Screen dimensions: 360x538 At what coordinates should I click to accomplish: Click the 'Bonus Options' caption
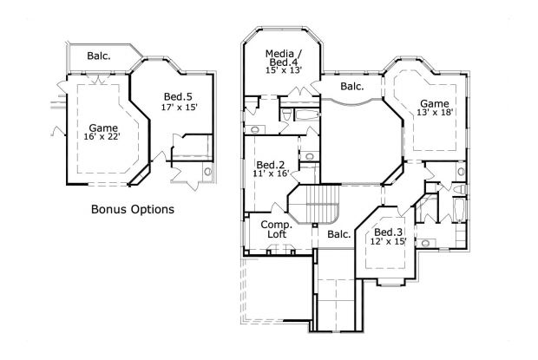pos(133,209)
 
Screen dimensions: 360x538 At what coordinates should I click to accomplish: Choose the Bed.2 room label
pos(270,165)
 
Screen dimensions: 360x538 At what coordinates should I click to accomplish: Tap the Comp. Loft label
pos(276,230)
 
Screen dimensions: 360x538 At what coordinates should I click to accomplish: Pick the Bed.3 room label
pos(387,232)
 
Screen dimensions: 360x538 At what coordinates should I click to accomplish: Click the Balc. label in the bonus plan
pos(99,56)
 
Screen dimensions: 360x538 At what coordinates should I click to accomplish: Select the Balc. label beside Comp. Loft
pos(338,234)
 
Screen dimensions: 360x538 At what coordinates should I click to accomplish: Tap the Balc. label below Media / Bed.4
pos(351,87)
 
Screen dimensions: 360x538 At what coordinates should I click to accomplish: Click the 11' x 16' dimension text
pos(270,174)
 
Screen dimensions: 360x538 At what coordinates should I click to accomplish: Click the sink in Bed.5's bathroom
pos(207,173)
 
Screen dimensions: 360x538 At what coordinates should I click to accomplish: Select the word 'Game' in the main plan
pos(435,102)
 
